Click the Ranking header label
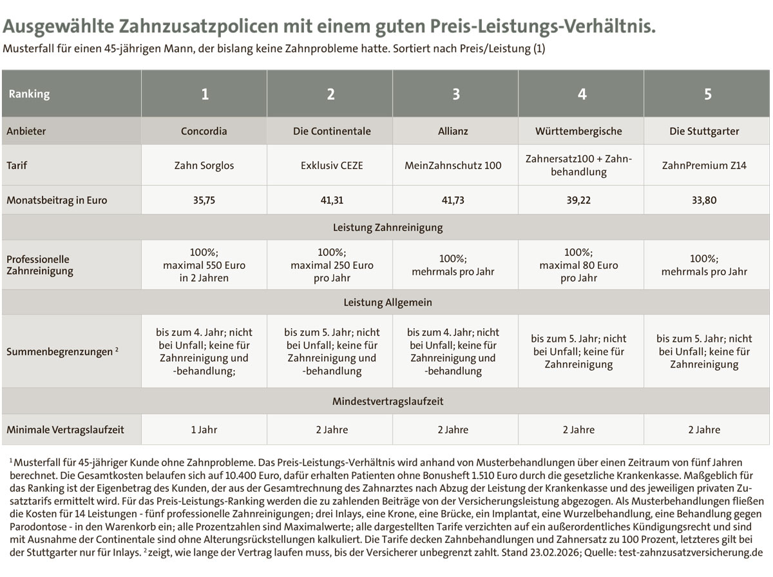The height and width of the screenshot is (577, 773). [29, 94]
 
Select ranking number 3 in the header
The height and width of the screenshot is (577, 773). [456, 94]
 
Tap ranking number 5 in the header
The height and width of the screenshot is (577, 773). [707, 94]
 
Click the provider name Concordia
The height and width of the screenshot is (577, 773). [204, 131]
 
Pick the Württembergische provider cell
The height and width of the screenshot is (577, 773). [578, 131]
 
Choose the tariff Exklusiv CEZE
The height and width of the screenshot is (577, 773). [331, 165]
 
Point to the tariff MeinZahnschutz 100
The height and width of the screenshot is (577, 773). [453, 165]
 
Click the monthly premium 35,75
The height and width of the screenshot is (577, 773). [204, 200]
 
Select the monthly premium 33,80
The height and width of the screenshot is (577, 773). [704, 200]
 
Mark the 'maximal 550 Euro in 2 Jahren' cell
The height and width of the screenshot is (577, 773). [204, 265]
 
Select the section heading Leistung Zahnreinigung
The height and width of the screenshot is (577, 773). [387, 228]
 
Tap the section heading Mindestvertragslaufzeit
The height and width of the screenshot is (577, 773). [387, 402]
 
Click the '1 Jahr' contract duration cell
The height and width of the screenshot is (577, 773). [204, 429]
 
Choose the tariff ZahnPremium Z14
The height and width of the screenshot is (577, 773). [704, 165]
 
